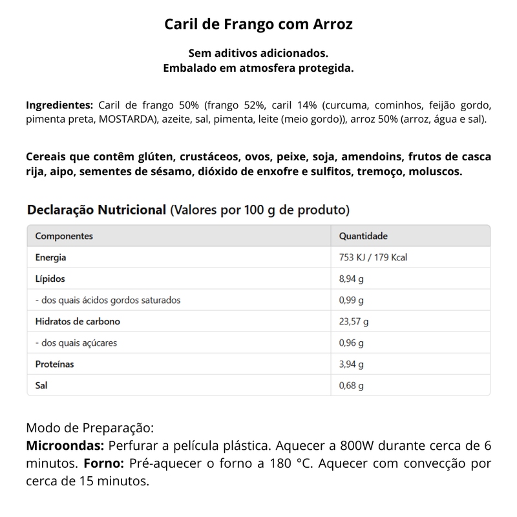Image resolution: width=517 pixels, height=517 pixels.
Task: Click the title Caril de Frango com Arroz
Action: tap(258, 25)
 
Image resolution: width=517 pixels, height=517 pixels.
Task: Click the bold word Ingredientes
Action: tap(59, 105)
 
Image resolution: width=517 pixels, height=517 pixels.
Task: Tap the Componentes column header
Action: tap(64, 237)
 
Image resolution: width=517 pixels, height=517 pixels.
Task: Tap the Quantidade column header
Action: tap(363, 237)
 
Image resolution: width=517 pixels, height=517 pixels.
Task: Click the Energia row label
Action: tap(51, 258)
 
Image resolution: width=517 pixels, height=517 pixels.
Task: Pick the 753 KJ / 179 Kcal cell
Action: tap(373, 258)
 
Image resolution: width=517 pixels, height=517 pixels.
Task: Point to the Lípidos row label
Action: tap(50, 279)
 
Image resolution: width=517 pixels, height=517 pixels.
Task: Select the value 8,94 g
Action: tap(352, 279)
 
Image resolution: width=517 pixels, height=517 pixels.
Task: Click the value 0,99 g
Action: tap(352, 301)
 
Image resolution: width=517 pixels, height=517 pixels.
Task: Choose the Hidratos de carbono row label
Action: tap(78, 322)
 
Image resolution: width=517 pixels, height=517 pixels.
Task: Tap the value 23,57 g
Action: tap(353, 322)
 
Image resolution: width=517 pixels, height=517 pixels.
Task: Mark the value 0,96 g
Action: tap(352, 343)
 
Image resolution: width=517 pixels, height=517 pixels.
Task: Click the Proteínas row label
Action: tap(55, 364)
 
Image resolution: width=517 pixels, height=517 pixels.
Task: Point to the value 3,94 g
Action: tap(352, 364)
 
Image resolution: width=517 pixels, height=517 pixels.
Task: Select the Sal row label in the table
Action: tap(41, 386)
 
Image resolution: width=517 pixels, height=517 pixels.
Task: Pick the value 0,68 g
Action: tap(352, 386)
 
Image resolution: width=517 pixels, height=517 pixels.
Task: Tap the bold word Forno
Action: tap(104, 464)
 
